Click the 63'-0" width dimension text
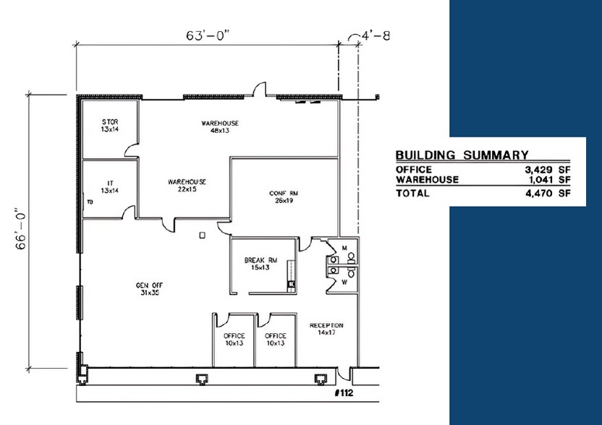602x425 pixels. [208, 35]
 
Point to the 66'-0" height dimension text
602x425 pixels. [21, 229]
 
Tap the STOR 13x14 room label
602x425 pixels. [110, 126]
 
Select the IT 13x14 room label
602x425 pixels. [110, 186]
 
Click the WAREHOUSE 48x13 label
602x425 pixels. [220, 126]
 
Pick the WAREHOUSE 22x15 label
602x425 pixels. [187, 185]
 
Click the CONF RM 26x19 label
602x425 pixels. [284, 197]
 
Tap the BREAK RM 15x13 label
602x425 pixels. [260, 264]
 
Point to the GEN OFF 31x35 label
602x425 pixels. [149, 289]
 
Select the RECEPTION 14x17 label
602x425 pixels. [326, 329]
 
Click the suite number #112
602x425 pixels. [344, 393]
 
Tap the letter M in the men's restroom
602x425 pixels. [344, 247]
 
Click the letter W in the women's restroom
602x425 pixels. [344, 283]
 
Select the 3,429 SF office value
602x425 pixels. [548, 170]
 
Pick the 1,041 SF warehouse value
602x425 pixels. [548, 179]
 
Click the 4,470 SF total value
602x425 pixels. [548, 193]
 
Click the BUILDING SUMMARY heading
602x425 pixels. [462, 155]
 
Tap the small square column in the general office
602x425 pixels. [203, 235]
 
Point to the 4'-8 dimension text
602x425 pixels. [376, 35]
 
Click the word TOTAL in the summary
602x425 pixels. [412, 193]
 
